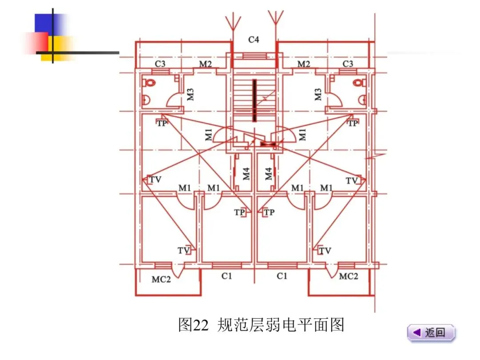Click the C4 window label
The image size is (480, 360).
click(253, 40)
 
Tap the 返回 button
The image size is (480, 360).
click(431, 332)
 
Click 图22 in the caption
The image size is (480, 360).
click(193, 325)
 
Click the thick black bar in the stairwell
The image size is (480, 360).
click(254, 100)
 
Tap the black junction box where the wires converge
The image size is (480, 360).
click(268, 144)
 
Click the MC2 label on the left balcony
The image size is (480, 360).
click(161, 279)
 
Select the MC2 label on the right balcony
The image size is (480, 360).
click(348, 276)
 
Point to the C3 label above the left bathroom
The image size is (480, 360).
click(160, 64)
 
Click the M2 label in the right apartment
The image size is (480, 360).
click(304, 64)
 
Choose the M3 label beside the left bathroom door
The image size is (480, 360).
click(190, 94)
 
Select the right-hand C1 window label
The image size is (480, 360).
click(282, 276)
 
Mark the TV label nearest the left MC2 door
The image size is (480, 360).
click(184, 251)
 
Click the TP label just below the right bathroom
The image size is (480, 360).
click(353, 123)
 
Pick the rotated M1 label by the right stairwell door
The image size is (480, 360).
click(303, 134)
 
